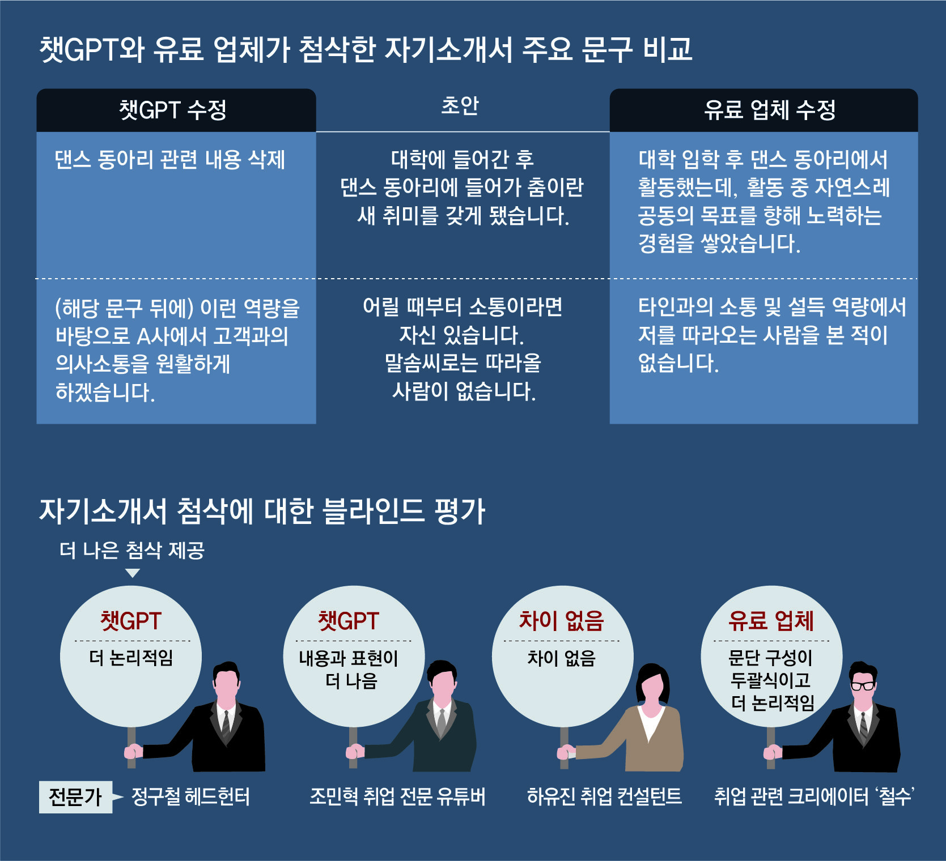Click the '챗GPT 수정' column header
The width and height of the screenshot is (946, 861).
click(x=173, y=110)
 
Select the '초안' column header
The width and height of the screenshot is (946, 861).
click(x=460, y=106)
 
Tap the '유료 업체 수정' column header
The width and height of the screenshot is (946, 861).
click(x=769, y=110)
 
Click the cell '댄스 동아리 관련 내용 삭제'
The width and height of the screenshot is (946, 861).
click(x=169, y=160)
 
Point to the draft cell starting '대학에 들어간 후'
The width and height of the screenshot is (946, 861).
click(x=462, y=187)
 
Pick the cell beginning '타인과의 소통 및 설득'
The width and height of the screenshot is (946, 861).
click(x=771, y=335)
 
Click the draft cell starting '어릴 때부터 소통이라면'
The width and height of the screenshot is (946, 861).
click(x=462, y=349)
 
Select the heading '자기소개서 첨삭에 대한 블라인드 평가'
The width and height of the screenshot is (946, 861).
click(x=262, y=511)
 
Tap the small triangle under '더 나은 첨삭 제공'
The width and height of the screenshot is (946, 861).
click(x=133, y=573)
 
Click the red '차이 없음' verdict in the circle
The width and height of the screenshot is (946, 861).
click(x=562, y=621)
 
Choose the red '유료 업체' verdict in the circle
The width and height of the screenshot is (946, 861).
click(x=771, y=621)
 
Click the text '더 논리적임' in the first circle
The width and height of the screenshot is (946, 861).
click(x=131, y=658)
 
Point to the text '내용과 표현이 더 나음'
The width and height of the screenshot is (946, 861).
click(x=349, y=669)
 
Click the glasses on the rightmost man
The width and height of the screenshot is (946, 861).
click(x=863, y=686)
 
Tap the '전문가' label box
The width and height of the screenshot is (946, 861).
click(x=75, y=797)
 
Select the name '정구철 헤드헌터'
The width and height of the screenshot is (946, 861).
click(x=190, y=797)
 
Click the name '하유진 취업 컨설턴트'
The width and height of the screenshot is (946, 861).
click(x=604, y=797)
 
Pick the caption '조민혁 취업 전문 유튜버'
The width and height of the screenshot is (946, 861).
click(x=397, y=797)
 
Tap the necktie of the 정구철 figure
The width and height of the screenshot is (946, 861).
click(x=226, y=722)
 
